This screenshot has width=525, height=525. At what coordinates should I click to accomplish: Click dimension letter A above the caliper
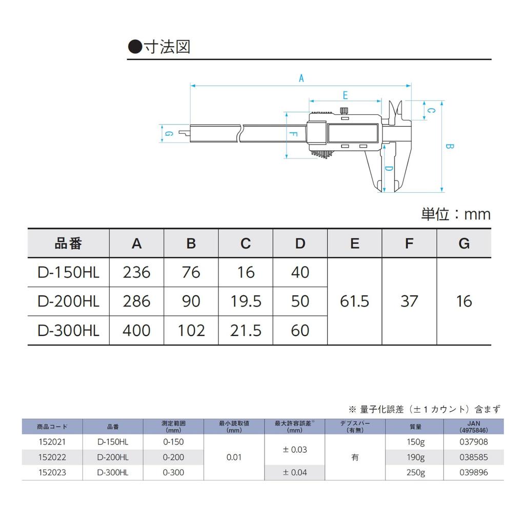click(301, 78)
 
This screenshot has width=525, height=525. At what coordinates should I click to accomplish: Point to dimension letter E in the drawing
click(345, 95)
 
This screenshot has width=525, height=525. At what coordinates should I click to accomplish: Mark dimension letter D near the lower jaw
click(389, 170)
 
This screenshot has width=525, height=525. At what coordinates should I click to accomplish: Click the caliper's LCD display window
click(353, 134)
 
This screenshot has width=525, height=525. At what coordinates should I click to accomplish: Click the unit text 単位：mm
click(456, 214)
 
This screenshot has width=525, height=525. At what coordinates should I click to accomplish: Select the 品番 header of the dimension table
click(68, 244)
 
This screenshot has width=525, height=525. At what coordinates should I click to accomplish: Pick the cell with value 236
click(136, 272)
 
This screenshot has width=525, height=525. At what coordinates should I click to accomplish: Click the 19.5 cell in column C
click(246, 301)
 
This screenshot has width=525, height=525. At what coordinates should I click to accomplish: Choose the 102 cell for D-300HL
click(191, 330)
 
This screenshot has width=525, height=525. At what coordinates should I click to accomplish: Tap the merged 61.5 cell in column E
click(354, 301)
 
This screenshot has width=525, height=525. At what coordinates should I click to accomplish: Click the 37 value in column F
click(409, 301)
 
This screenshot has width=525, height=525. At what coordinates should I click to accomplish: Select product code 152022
click(52, 457)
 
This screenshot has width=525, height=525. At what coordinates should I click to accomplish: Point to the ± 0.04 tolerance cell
click(295, 472)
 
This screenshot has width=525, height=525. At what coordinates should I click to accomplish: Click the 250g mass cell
click(415, 472)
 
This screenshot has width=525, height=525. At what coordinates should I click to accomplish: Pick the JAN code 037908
click(474, 441)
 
